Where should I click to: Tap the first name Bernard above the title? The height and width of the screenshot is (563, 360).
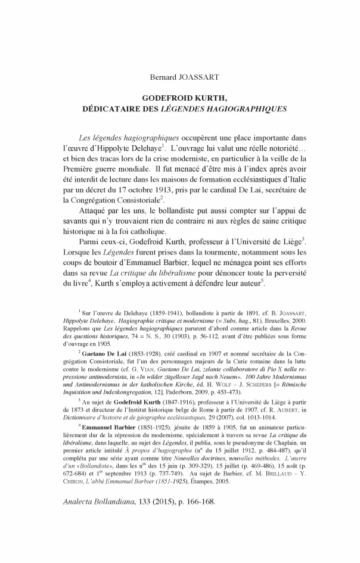(x=162, y=77)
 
